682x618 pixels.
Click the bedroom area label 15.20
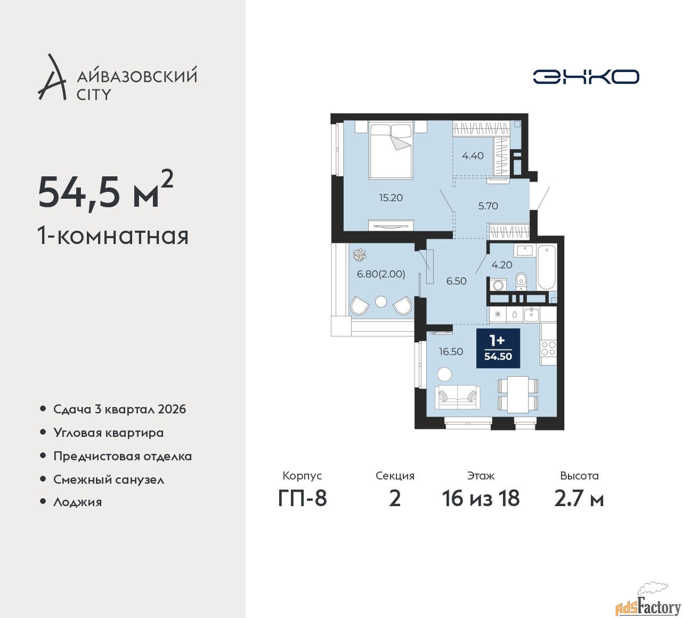pyautogui.click(x=391, y=198)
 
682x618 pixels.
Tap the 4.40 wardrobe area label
pyautogui.click(x=473, y=156)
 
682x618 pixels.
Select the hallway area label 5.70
pyautogui.click(x=488, y=206)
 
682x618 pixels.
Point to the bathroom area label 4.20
pyautogui.click(x=502, y=265)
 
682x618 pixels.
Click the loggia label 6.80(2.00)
pyautogui.click(x=381, y=274)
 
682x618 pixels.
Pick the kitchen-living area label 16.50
pyautogui.click(x=451, y=352)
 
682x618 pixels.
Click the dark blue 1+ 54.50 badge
pyautogui.click(x=498, y=348)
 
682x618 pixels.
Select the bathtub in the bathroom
pyautogui.click(x=546, y=267)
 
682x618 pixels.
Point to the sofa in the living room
pyautogui.click(x=457, y=398)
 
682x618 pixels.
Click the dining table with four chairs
pyautogui.click(x=518, y=394)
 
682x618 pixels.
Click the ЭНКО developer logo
pyautogui.click(x=586, y=77)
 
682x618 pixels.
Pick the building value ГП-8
pyautogui.click(x=302, y=499)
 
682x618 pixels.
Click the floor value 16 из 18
pyautogui.click(x=481, y=499)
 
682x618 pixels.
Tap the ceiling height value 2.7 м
pyautogui.click(x=579, y=499)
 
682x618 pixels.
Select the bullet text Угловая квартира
pyautogui.click(x=109, y=433)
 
